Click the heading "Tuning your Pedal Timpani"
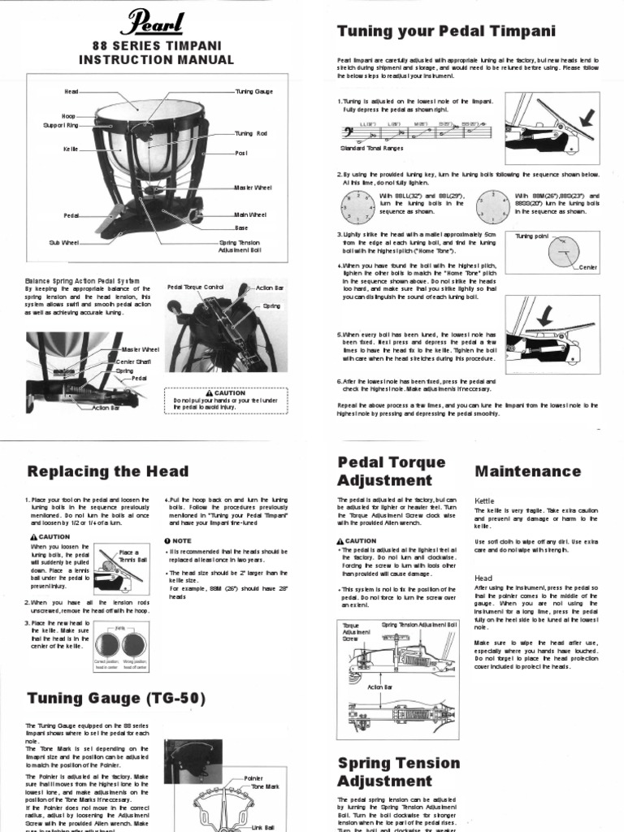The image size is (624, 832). pos(446,32)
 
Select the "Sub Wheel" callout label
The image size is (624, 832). pos(62,242)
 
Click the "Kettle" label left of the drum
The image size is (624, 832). pos(70,149)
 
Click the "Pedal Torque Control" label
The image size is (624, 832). pos(194,288)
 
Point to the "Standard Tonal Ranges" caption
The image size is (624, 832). pos(370,149)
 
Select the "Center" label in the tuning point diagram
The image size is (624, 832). pos(587,267)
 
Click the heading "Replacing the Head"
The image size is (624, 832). pos(107,471)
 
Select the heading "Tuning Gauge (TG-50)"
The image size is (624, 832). pos(116,698)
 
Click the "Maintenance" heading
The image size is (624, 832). pos(527,471)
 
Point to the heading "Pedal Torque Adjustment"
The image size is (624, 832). pos(392,471)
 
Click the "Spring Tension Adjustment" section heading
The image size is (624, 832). pos(398,772)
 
